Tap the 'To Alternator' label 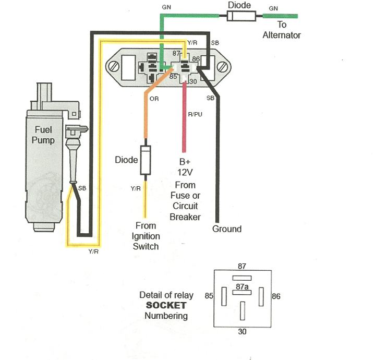(x=282, y=30)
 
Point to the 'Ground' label (x=227, y=229)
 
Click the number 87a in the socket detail (x=241, y=287)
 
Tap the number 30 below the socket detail (x=242, y=331)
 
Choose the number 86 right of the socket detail (x=276, y=296)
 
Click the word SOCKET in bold (x=166, y=305)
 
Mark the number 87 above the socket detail (x=242, y=266)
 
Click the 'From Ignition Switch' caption (x=146, y=236)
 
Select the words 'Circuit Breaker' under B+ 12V (x=185, y=211)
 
